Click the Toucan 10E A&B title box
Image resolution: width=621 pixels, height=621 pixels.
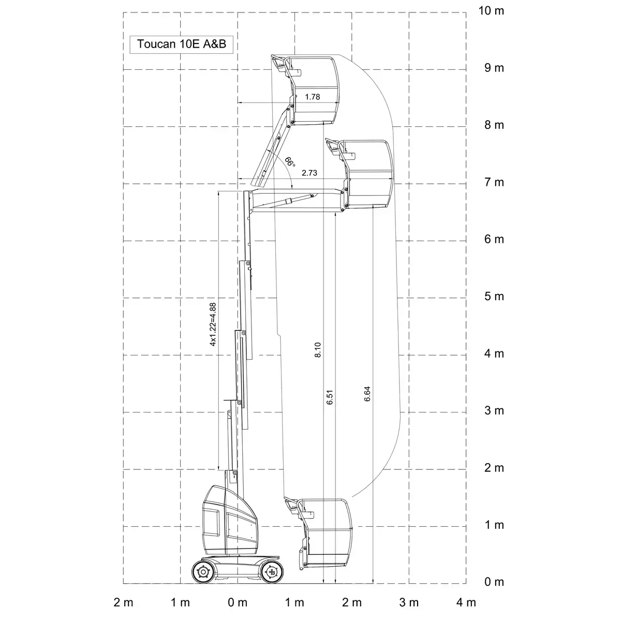(x=181, y=45)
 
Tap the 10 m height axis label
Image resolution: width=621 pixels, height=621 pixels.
(x=491, y=11)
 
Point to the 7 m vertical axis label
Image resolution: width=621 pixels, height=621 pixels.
(x=494, y=182)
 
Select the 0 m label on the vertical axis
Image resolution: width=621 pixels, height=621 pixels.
(x=494, y=582)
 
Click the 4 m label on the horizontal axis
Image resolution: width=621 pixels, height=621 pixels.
(x=466, y=602)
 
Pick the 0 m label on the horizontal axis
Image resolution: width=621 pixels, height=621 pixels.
(x=238, y=602)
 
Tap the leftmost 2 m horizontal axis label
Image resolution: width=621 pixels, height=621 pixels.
(x=124, y=602)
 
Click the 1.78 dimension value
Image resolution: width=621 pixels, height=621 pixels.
(x=312, y=97)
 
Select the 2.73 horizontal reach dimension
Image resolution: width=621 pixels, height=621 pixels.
(x=309, y=173)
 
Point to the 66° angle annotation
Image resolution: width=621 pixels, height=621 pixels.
(x=290, y=162)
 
